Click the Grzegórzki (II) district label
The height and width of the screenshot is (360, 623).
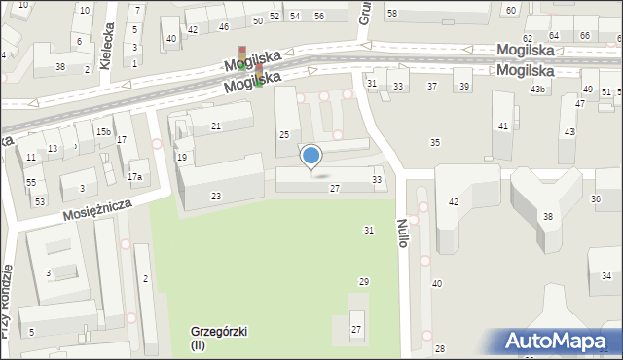tap(218, 338)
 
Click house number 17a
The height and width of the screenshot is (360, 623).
tap(135, 177)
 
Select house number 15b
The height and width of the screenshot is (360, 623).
tap(102, 131)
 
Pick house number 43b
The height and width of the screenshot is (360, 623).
tap(538, 90)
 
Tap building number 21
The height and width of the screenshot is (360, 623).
tap(216, 127)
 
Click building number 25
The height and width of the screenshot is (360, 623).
tap(284, 134)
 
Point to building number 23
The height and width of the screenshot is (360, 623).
tap(216, 197)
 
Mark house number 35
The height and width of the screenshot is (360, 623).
tap(435, 143)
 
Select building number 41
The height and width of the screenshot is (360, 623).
tap(502, 126)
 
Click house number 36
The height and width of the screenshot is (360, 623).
tap(596, 198)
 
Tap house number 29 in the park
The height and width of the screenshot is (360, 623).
tap(364, 281)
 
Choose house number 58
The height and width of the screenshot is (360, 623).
tap(391, 13)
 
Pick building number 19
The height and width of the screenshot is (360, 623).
tap(182, 157)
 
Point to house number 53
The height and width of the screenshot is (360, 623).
tap(40, 201)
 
